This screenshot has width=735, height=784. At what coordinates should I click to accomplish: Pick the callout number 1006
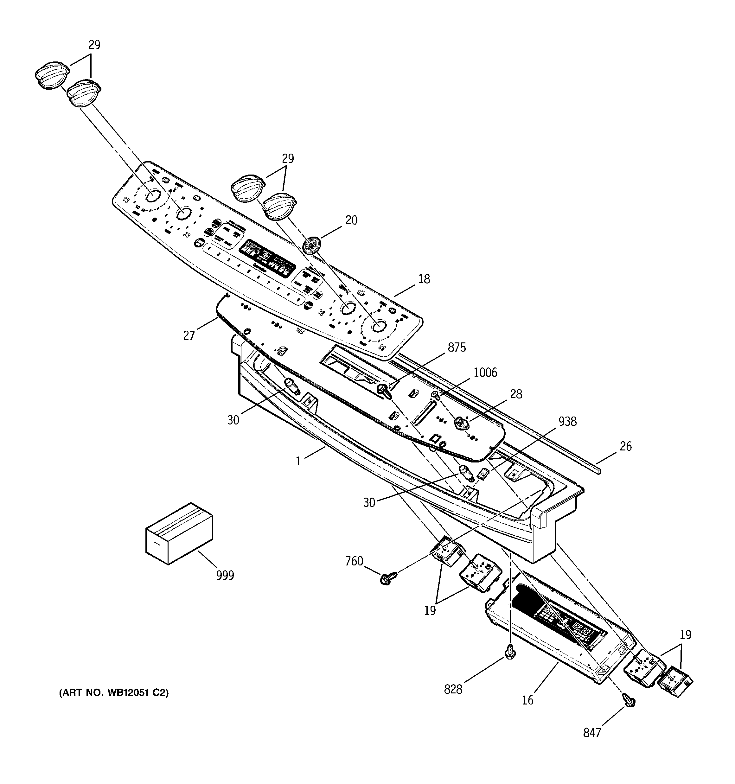tap(485, 372)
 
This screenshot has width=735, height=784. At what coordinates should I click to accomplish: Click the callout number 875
tap(457, 347)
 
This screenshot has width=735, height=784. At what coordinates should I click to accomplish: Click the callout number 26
tap(625, 446)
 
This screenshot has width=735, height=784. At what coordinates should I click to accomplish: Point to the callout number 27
tap(189, 335)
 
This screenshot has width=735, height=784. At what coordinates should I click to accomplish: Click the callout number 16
tap(527, 700)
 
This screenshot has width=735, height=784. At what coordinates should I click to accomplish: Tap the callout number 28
tap(516, 394)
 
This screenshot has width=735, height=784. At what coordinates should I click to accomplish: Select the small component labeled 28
tap(460, 423)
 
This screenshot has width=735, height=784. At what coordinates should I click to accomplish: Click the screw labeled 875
tap(383, 390)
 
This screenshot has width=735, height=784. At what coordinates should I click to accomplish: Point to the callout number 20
tap(351, 220)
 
